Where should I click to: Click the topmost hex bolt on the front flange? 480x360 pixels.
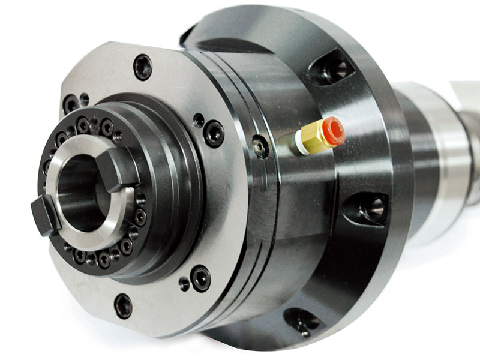(143, 67)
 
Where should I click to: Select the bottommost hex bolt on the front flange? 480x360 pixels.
(124, 305)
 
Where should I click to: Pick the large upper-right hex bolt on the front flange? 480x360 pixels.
(214, 133)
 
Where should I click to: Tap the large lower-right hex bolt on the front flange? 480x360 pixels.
(200, 278)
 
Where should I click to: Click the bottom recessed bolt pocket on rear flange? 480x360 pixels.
(302, 322)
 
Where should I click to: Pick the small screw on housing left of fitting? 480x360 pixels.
(260, 146)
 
